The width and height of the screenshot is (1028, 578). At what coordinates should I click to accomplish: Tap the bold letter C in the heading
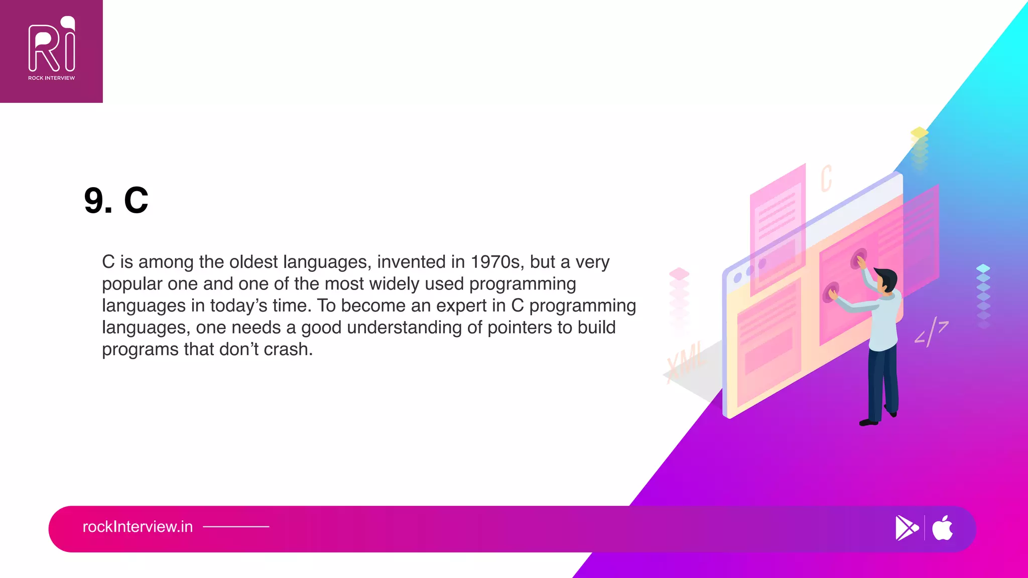coord(136,201)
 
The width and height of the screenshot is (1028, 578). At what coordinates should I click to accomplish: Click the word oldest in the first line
coord(253,262)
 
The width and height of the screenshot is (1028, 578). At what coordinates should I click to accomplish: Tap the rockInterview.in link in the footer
coord(138,527)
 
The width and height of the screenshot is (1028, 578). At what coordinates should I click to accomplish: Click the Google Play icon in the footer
coord(906,528)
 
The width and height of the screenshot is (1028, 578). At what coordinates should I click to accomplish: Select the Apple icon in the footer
coord(943,528)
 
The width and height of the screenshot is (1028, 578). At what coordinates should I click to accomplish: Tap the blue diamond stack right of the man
coord(983,296)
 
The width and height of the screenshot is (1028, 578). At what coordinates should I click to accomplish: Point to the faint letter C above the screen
coord(826,178)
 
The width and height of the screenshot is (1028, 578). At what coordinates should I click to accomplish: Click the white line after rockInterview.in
coord(236,527)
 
